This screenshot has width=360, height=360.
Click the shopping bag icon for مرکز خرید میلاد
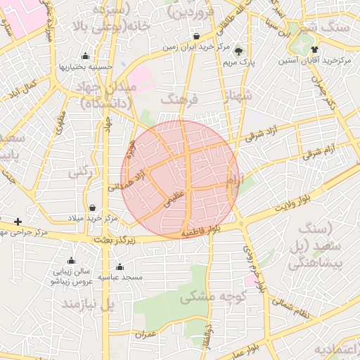tap(93, 207)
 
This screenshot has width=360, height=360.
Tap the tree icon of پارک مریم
tap(238, 51)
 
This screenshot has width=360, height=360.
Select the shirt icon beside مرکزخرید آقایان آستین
tap(314, 49)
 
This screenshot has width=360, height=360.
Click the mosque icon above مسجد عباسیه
tap(120, 266)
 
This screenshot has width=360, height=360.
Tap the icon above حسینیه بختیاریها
tap(86, 56)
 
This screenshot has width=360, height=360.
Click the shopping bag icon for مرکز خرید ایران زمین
tap(195, 37)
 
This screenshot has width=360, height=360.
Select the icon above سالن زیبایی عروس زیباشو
tap(71, 260)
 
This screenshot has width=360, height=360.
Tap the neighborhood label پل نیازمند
tap(88, 304)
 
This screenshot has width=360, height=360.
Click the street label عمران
tap(146, 334)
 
